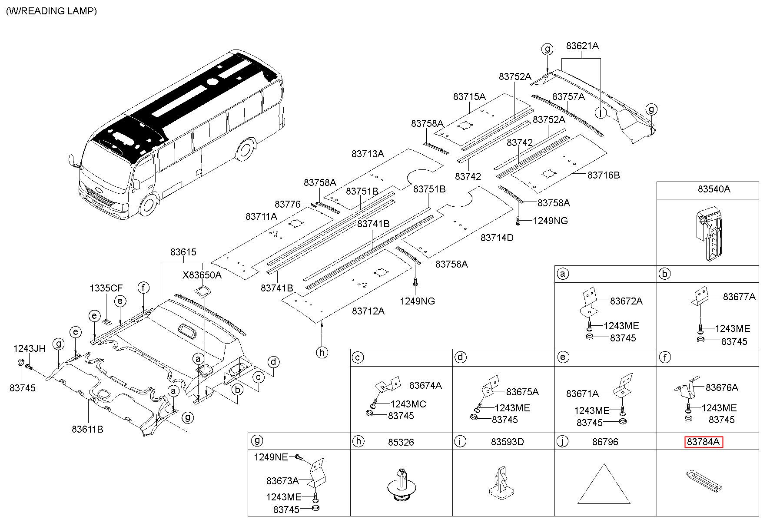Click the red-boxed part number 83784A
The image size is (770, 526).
pos(704,442)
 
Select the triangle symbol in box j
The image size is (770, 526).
pos(604,484)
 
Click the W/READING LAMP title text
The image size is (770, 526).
pos(51,11)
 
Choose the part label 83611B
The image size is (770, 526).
pos(87,430)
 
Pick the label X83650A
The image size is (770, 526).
pos(202,275)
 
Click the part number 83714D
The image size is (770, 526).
pos(497,238)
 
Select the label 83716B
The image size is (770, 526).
pos(604,175)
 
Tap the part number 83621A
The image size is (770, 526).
pos(582,46)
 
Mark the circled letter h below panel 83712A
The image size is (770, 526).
pos(322,352)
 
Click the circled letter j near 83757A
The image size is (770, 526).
pos(600,112)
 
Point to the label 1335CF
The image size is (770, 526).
pos(106,288)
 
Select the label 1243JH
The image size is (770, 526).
pos(29,348)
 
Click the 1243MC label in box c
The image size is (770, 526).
pos(408,404)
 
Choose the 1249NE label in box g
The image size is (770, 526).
pos(271,457)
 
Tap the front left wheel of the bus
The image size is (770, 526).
pos(149,206)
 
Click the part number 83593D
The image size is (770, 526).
pos(508,442)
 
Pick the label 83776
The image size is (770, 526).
pos(288,204)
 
